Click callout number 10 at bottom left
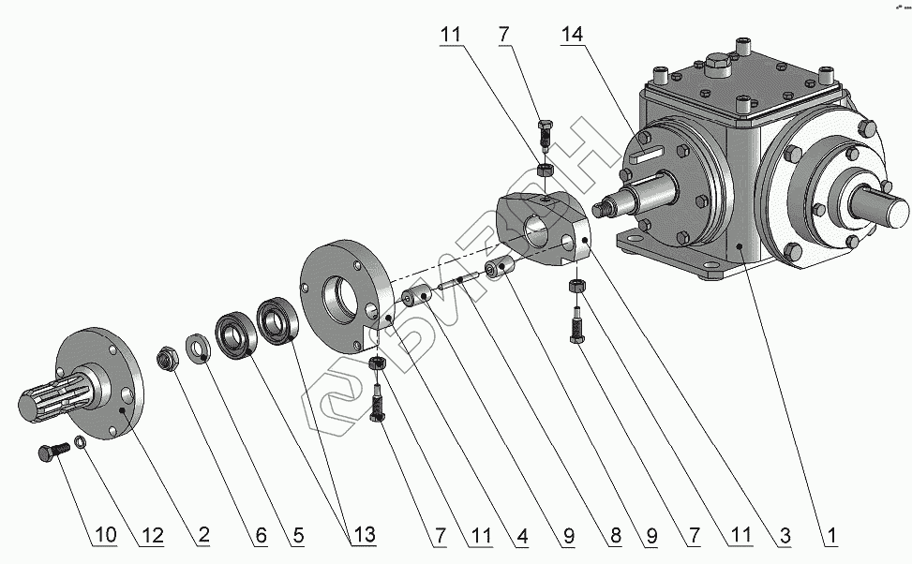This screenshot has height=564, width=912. (106, 536)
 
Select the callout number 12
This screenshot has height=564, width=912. (151, 536)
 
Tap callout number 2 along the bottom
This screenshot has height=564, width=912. (202, 536)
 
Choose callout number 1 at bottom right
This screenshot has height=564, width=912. (830, 536)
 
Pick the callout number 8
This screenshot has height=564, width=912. (614, 536)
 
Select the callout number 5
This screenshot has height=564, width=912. (297, 536)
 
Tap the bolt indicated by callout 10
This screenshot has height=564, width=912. (52, 453)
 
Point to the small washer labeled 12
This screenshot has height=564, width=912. (82, 442)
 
